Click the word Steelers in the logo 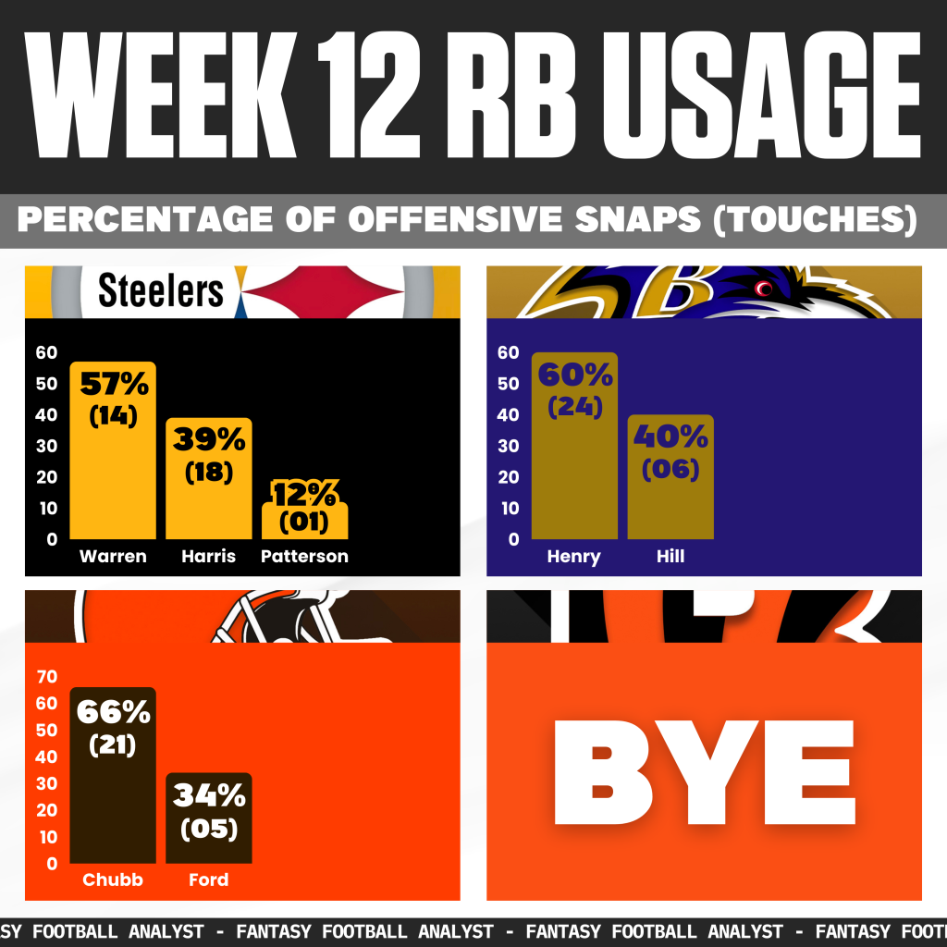click(x=161, y=291)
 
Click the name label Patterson click(x=304, y=557)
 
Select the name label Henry click(x=573, y=557)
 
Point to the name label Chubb click(x=112, y=879)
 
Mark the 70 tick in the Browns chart click(x=46, y=676)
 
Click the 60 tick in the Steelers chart click(x=46, y=352)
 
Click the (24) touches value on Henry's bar click(x=574, y=406)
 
